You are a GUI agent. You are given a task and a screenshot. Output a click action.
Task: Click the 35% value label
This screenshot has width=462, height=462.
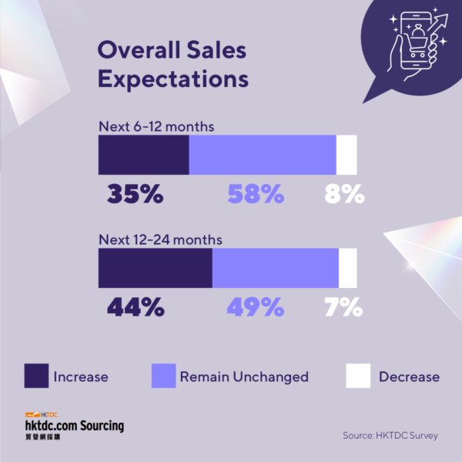click(136, 193)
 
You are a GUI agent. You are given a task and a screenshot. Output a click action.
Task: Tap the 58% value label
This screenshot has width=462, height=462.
click(256, 193)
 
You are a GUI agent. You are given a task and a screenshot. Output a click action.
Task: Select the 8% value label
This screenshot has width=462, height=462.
click(344, 193)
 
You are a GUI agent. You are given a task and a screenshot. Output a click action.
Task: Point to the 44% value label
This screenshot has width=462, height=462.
click(136, 306)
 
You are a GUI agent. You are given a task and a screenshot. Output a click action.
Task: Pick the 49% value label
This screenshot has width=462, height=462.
click(256, 306)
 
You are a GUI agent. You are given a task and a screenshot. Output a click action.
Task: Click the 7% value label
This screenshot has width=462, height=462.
click(343, 306)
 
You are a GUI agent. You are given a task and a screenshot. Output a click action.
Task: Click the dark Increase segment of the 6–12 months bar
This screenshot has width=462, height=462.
click(144, 155)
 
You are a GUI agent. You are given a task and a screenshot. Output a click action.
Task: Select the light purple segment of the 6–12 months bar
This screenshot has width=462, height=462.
click(263, 155)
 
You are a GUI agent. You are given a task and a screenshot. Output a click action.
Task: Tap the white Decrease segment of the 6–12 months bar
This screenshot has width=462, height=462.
click(346, 155)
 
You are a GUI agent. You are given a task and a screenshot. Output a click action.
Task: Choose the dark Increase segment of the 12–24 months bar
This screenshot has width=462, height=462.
click(156, 268)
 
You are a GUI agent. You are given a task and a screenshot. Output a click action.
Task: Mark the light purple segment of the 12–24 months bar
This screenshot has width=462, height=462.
click(276, 268)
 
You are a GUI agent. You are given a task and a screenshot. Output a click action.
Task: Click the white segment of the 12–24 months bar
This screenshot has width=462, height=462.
click(348, 268)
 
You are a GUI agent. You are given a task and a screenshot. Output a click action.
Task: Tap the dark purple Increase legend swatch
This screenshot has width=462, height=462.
click(36, 376)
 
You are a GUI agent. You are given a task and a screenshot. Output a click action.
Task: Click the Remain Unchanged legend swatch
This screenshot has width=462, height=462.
click(164, 376)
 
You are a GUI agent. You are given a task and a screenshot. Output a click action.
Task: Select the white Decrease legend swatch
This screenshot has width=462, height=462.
click(358, 376)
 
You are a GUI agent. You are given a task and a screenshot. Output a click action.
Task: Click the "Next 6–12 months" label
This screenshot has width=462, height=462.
click(156, 127)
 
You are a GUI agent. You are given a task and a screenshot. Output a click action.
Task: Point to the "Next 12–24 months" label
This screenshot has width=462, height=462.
click(161, 239)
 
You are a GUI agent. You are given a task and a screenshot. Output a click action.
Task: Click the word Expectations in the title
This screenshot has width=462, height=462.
click(173, 79)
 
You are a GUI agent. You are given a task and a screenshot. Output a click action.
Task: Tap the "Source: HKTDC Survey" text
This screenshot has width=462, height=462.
click(390, 436)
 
